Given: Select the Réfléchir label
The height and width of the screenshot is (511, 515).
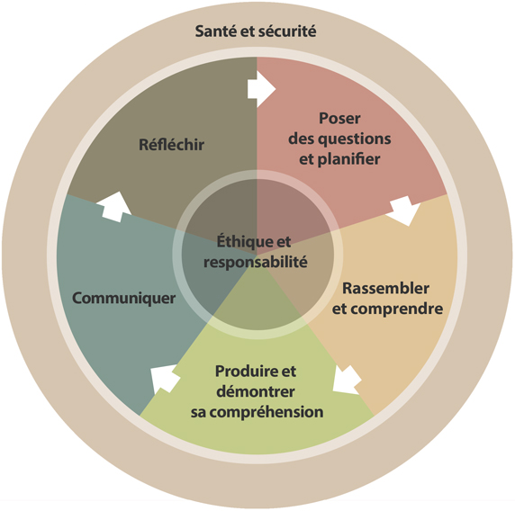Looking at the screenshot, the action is [x=171, y=145].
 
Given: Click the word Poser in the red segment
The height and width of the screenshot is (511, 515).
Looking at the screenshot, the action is [x=339, y=118].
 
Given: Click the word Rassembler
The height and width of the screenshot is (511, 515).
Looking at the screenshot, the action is [x=386, y=289].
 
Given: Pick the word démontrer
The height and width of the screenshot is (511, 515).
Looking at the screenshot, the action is [x=256, y=391].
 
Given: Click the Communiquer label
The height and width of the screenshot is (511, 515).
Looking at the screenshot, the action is [x=124, y=299].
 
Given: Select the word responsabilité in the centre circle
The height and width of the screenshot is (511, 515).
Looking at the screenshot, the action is [x=256, y=262].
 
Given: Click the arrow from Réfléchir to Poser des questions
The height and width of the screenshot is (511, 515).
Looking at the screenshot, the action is [x=261, y=88].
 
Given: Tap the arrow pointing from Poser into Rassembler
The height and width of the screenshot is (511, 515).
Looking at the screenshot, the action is [x=404, y=210].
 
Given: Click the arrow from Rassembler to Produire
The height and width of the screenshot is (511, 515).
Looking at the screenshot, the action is [x=347, y=381].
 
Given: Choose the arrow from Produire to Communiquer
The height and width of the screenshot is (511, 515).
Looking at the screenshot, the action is [x=165, y=379].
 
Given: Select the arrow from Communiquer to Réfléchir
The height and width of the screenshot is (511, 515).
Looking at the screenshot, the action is [x=114, y=207].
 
